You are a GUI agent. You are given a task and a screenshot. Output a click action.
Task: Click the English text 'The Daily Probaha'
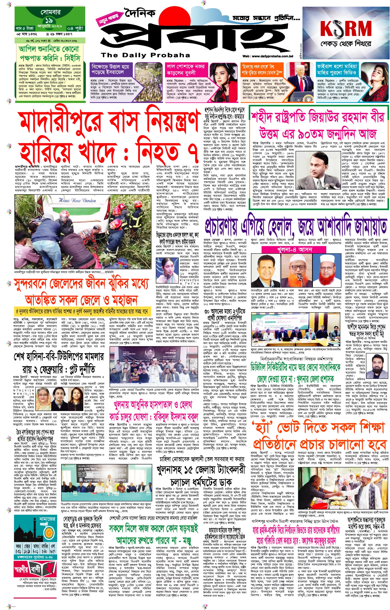tap(145, 55)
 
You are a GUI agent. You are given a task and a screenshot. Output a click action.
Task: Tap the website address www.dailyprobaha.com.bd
tap(268, 56)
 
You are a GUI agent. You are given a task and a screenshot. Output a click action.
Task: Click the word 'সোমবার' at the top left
tap(50, 12)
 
